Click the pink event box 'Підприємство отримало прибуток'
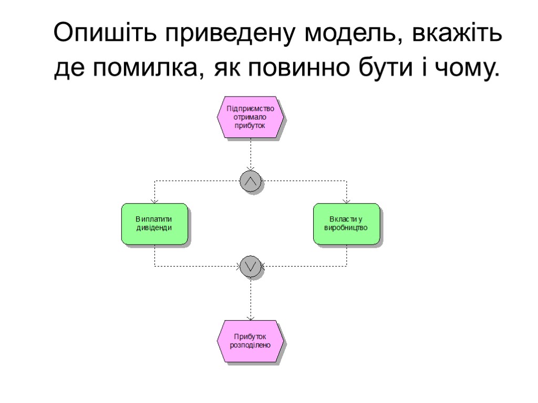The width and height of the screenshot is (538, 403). point(250,118)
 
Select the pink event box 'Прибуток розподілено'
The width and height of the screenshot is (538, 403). point(250,341)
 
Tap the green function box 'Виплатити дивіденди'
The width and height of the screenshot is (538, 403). point(154,224)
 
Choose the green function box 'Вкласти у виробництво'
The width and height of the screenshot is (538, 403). point(346,224)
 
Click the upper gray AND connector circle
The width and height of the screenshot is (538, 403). point(250,181)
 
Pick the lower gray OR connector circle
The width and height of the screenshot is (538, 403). point(250,267)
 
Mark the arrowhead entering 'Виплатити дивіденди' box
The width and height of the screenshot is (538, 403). point(154,201)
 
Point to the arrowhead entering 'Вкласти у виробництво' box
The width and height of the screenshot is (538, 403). point(346,201)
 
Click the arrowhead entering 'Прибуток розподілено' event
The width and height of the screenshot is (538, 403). point(250,317)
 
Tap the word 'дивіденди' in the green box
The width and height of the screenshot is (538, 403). point(154,228)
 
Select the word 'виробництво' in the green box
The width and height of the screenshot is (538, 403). point(346,229)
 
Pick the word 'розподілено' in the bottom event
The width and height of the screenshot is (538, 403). point(250,345)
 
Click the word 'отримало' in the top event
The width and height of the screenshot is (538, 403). point(250,118)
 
